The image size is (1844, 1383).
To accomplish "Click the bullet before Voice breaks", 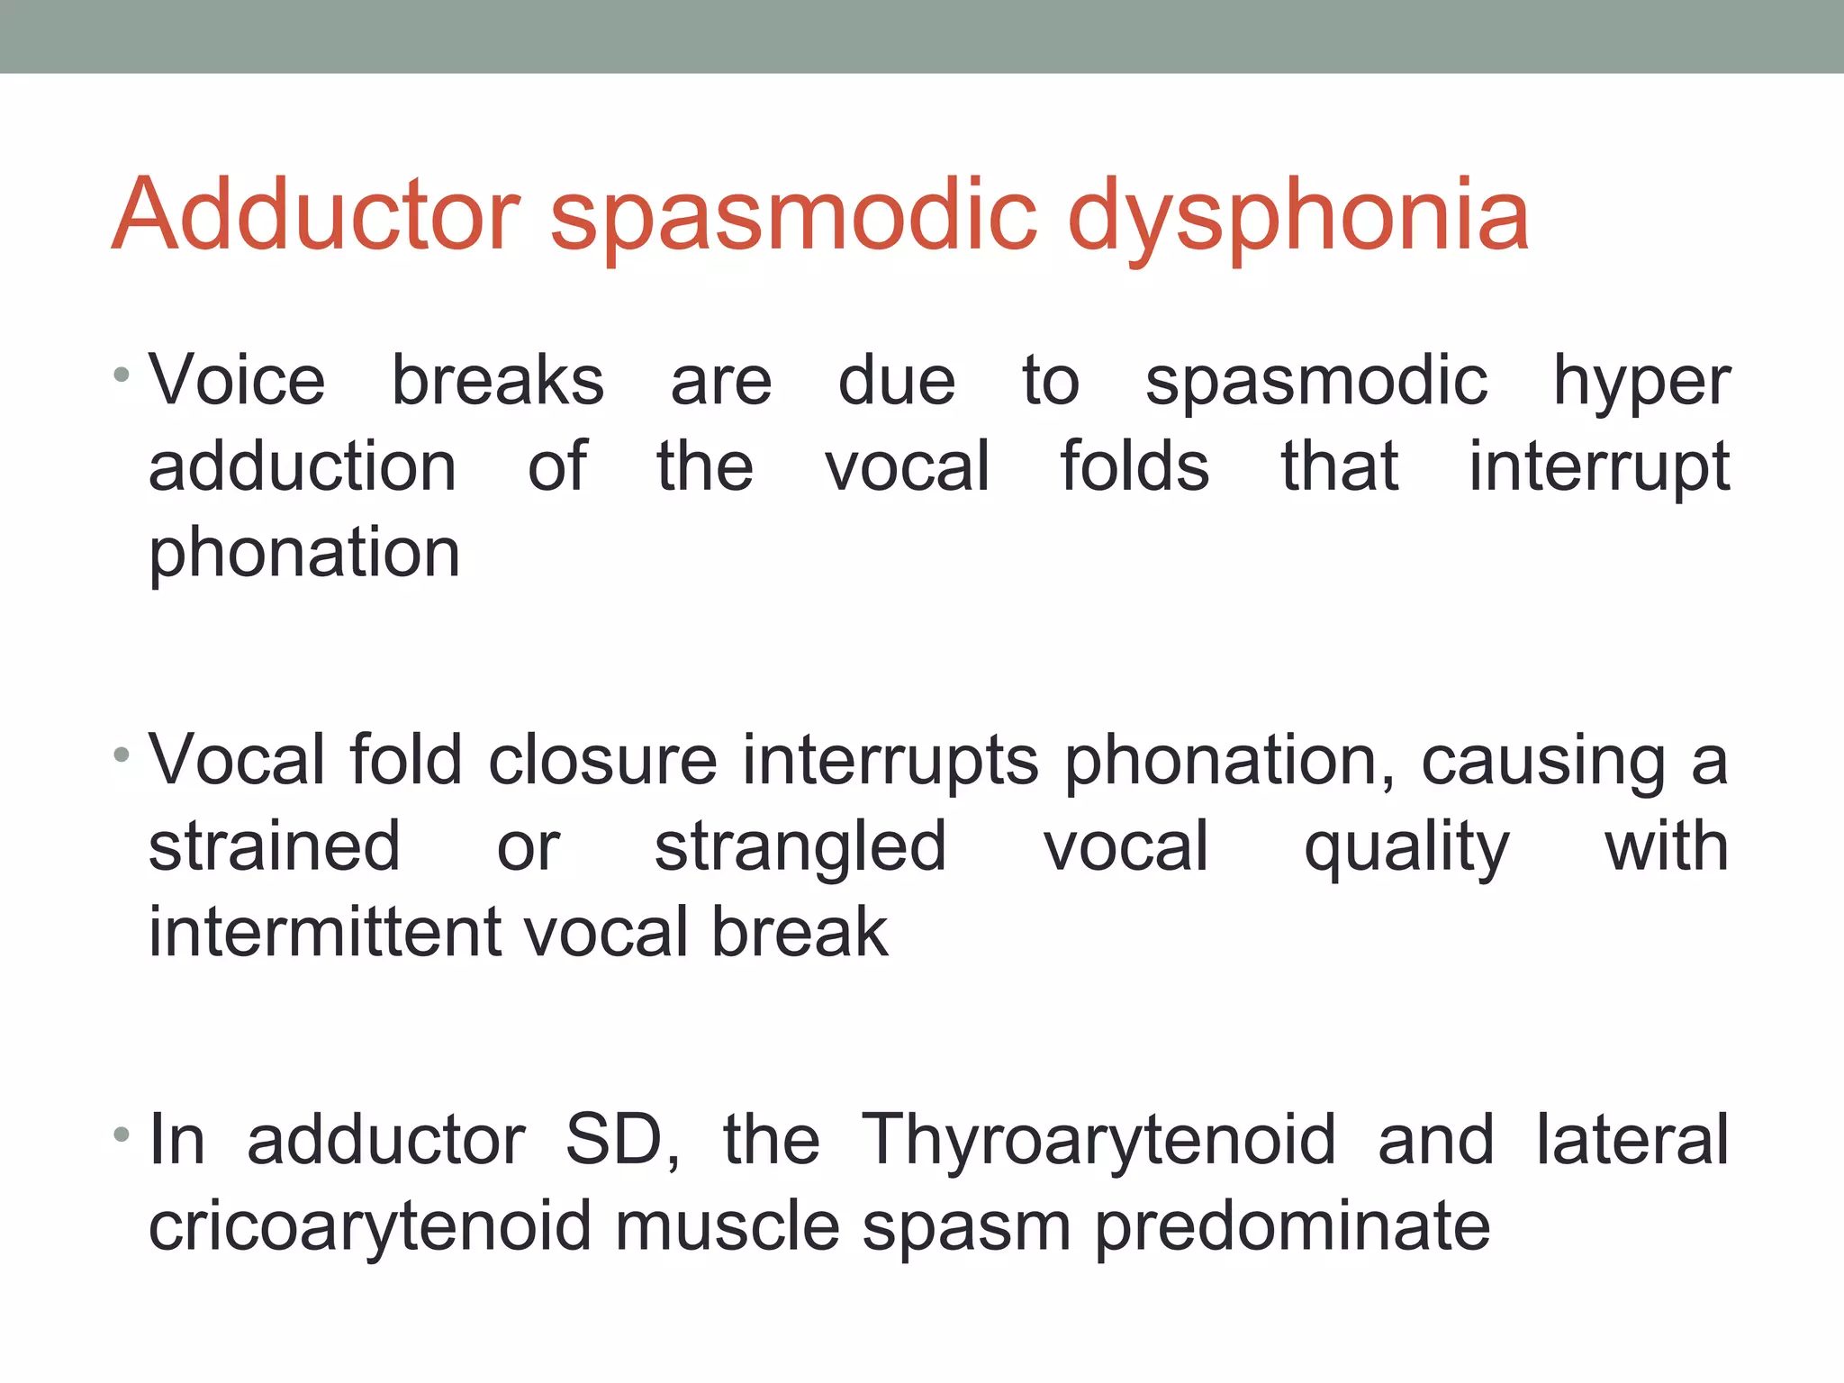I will point(122,374).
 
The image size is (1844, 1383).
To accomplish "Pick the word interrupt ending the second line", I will point(1599,468).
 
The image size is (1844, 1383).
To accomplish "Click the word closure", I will point(602,761).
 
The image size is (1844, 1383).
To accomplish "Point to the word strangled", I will point(800,848).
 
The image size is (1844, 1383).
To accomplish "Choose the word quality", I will point(1406,848).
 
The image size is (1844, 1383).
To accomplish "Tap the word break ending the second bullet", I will point(800,932).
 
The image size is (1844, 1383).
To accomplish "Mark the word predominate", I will point(1292,1226).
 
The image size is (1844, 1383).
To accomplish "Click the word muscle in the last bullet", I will point(727,1226).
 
